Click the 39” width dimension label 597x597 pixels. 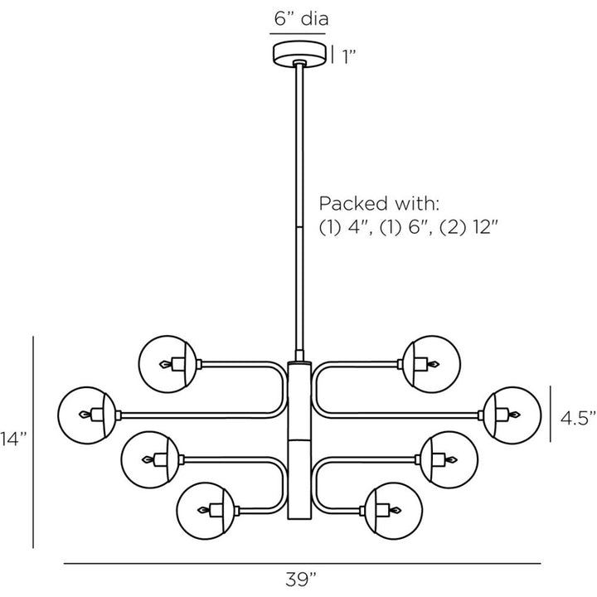[301, 580]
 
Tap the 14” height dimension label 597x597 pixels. [13, 439]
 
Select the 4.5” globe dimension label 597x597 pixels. [578, 418]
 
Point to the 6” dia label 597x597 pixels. [301, 18]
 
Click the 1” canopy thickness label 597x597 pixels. [348, 56]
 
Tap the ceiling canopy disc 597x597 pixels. [299, 54]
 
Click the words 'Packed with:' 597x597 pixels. [379, 204]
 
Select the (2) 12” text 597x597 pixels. [468, 228]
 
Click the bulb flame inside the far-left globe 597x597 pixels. [85, 415]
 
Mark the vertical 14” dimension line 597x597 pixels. [33, 442]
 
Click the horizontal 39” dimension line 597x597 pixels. [302, 563]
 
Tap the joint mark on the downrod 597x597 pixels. [299, 228]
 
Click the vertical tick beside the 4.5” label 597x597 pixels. [551, 414]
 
